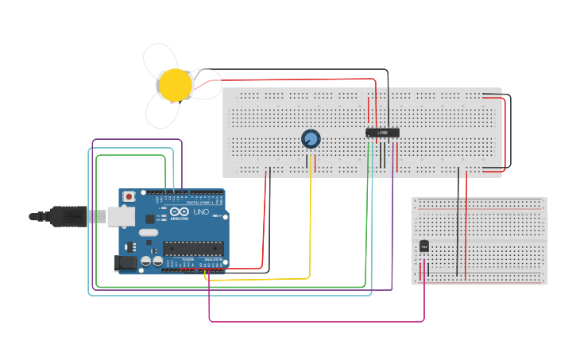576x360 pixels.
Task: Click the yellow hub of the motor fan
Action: (x=175, y=84)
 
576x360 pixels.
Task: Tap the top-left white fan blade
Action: (x=159, y=60)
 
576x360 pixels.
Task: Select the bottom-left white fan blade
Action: (x=162, y=111)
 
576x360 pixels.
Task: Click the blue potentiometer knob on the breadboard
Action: (x=311, y=140)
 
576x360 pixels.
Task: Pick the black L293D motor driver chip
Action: (x=381, y=133)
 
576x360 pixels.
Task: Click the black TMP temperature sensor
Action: (x=424, y=246)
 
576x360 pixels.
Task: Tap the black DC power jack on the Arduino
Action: (x=125, y=263)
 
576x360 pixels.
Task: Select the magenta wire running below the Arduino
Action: (x=318, y=321)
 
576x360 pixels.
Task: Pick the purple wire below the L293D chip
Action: (x=392, y=223)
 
